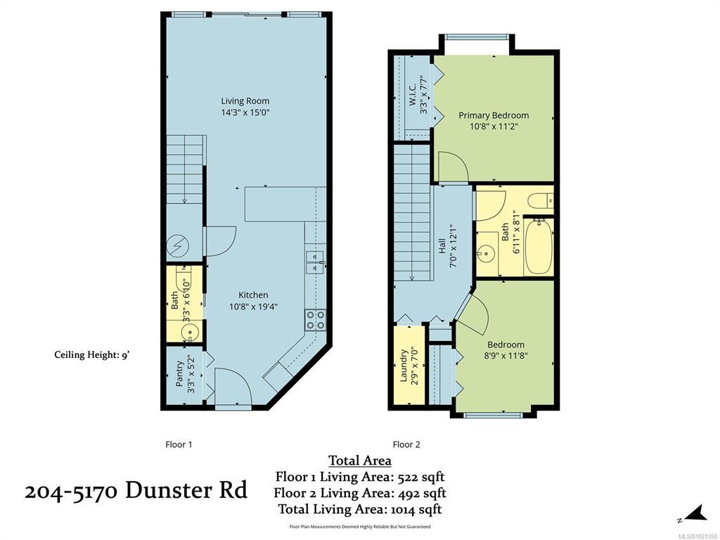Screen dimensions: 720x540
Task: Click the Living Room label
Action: click(x=245, y=101)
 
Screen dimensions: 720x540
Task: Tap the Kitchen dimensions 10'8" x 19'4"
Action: click(x=253, y=307)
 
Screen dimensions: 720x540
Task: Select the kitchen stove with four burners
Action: click(x=316, y=320)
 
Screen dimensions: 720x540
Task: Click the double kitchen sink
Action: click(x=316, y=262)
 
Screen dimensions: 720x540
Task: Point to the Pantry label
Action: click(x=179, y=373)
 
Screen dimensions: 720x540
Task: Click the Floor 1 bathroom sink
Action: click(x=189, y=331)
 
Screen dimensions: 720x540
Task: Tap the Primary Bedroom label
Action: click(x=494, y=115)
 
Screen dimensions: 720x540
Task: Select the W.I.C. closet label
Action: click(x=412, y=95)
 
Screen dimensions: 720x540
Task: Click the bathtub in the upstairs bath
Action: click(x=538, y=247)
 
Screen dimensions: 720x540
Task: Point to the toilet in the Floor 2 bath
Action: click(x=540, y=200)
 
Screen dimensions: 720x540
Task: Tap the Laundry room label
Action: click(x=404, y=366)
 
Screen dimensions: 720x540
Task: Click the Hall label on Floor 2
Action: click(x=442, y=245)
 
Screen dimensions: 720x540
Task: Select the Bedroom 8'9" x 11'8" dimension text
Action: click(x=506, y=355)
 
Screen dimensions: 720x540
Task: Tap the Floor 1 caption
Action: click(x=179, y=444)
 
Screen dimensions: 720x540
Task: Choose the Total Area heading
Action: click(x=360, y=461)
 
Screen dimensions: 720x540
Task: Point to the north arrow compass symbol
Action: click(x=693, y=514)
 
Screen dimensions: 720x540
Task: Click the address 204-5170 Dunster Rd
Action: click(x=136, y=490)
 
